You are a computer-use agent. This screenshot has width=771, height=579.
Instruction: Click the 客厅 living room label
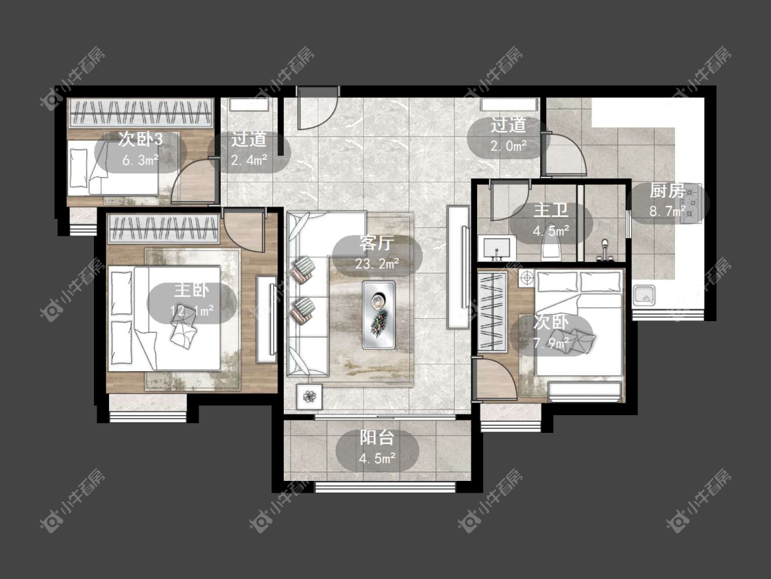coord(377,243)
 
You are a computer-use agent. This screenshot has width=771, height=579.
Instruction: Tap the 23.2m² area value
coord(377,264)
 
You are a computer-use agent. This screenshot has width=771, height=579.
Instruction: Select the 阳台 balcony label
coord(377,437)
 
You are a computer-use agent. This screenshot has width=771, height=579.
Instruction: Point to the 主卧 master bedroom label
coord(192,290)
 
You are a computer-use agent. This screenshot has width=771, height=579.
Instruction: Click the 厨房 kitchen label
coord(668,190)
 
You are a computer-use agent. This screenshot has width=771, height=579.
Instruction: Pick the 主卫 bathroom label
coord(551,210)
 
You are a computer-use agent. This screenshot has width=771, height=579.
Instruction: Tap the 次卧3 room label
coord(140,139)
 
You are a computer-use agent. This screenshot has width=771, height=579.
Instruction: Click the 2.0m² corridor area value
coord(509,146)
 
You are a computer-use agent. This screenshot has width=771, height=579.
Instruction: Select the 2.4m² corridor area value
coord(249,160)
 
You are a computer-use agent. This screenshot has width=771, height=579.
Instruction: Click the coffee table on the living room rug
coord(378,315)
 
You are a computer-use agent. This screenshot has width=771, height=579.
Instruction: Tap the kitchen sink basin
coord(644,296)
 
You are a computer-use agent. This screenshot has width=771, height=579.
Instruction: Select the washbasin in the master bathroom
coord(497,248)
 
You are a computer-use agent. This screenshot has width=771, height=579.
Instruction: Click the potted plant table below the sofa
coord(309,397)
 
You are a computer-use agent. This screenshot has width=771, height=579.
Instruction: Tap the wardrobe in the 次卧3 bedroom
coord(140,113)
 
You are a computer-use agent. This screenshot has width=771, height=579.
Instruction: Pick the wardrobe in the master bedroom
coord(164,228)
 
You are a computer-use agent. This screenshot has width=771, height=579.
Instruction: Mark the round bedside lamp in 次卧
coord(526,278)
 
